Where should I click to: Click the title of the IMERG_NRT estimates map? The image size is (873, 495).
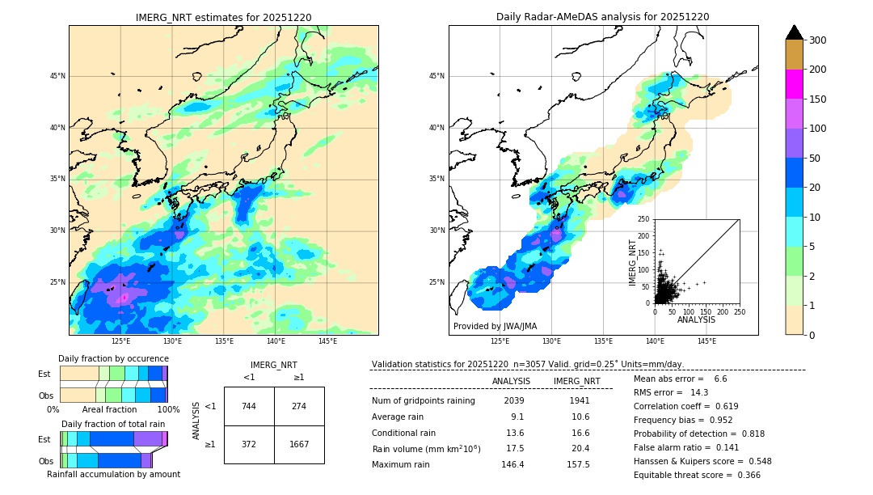[x=223, y=17]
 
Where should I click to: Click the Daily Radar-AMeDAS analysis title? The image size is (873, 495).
[x=603, y=17]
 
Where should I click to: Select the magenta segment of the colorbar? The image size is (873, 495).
[x=795, y=84]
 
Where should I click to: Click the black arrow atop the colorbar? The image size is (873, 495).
[x=795, y=32]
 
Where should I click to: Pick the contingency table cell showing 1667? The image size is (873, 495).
[x=299, y=444]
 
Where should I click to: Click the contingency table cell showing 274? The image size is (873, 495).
[x=299, y=406]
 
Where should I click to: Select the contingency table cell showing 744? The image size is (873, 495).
[x=249, y=406]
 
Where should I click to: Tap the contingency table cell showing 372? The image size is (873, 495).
[x=249, y=444]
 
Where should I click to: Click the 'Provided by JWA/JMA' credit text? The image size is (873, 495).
[x=495, y=327]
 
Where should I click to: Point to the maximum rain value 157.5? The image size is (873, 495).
[x=578, y=464]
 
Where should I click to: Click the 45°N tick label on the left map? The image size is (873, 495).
[x=57, y=77]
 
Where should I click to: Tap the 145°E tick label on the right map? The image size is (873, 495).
[x=706, y=341]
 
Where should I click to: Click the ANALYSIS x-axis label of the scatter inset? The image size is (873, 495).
[x=696, y=320]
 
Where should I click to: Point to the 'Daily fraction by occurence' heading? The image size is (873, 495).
[x=113, y=358]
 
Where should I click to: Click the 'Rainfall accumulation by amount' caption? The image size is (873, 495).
[x=113, y=474]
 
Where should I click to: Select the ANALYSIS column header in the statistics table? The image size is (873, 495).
[x=511, y=381]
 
